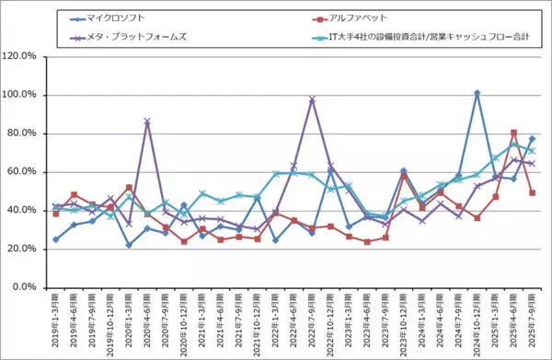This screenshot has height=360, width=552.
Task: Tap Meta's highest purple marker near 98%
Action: [x=313, y=99]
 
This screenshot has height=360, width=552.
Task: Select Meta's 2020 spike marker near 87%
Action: [x=147, y=121]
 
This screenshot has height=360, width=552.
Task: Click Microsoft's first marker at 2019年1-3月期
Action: [x=56, y=239]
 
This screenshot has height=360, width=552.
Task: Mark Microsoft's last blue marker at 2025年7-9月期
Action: [x=532, y=139]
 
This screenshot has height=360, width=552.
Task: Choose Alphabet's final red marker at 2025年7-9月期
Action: [x=532, y=193]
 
